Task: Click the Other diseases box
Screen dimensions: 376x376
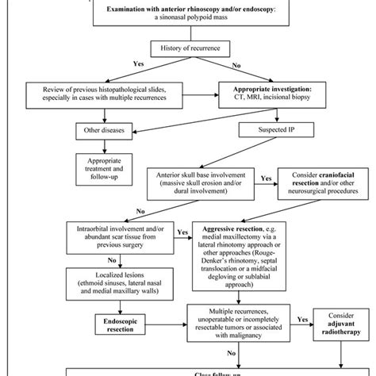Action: point(101,129)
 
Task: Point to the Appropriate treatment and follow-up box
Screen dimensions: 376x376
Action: point(101,164)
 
